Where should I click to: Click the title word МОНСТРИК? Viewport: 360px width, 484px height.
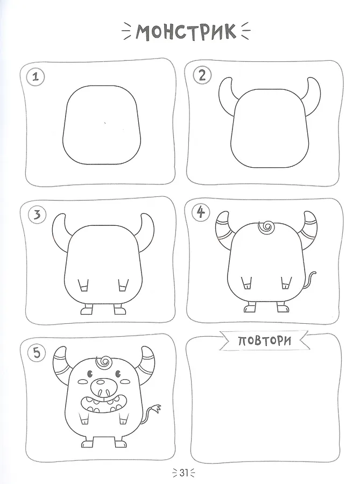pyautogui.click(x=186, y=32)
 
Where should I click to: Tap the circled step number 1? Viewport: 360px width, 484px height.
pyautogui.click(x=36, y=76)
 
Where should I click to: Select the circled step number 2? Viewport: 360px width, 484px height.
pyautogui.click(x=202, y=75)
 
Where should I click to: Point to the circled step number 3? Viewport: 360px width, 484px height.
pyautogui.click(x=37, y=215)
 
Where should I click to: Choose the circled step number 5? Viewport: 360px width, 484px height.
pyautogui.click(x=37, y=353)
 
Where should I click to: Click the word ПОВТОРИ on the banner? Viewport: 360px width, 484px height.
pyautogui.click(x=265, y=340)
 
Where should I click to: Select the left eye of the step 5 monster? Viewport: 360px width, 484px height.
pyautogui.click(x=90, y=374)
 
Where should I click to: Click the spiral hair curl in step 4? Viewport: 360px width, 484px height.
pyautogui.click(x=265, y=228)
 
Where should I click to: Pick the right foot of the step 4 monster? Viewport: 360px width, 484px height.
pyautogui.click(x=283, y=308)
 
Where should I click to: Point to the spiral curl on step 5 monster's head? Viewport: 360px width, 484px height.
pyautogui.click(x=104, y=362)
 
